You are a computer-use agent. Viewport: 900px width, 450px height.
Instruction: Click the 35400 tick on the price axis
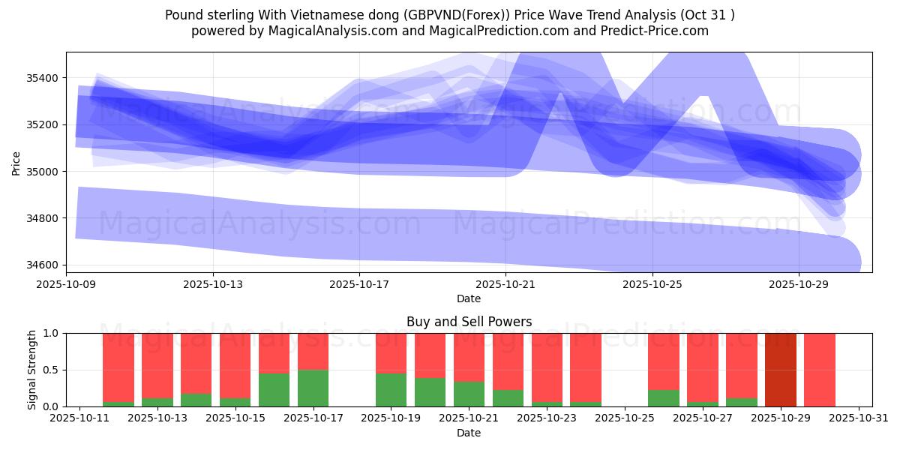pos(43,78)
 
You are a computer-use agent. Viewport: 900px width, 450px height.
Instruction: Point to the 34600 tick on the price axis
pos(43,265)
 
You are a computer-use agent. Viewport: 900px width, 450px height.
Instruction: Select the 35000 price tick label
pos(43,172)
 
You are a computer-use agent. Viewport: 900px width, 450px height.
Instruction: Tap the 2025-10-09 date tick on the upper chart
pos(66,284)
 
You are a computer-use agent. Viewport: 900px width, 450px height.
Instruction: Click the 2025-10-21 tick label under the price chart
pos(505,284)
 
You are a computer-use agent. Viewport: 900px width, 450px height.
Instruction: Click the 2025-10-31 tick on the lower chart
pos(859,418)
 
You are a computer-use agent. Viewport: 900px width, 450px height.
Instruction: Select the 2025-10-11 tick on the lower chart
pos(79,418)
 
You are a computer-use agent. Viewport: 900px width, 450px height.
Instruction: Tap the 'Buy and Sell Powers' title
pos(469,322)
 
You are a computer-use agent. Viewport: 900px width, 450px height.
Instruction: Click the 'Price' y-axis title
pos(16,162)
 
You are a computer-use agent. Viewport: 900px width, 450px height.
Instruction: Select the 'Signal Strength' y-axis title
pos(31,370)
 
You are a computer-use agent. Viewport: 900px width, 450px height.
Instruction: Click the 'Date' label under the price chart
pos(469,298)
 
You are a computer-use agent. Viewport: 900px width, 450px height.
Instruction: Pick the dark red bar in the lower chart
pos(781,370)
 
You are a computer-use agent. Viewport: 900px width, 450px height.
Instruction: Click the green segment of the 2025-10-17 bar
pos(313,388)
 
